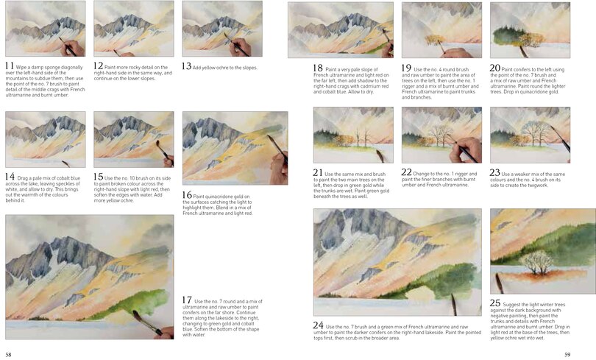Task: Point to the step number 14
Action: (x=10, y=177)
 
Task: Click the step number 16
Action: (x=188, y=194)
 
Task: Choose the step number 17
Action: (x=187, y=300)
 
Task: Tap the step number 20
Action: (x=495, y=68)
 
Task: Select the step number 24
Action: (x=319, y=325)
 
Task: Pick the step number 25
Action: (x=495, y=303)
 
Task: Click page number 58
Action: (x=8, y=354)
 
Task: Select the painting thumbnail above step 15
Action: (x=133, y=139)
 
